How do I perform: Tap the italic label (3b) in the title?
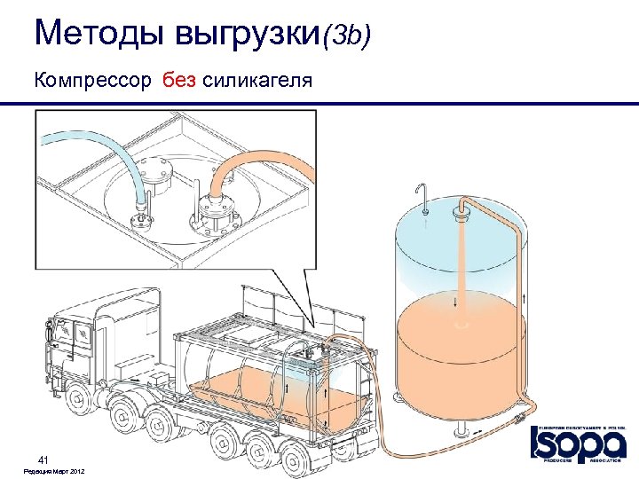(347, 35)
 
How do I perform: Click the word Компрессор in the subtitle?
(93, 82)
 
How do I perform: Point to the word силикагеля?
(257, 82)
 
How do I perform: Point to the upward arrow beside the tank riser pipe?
(529, 300)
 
